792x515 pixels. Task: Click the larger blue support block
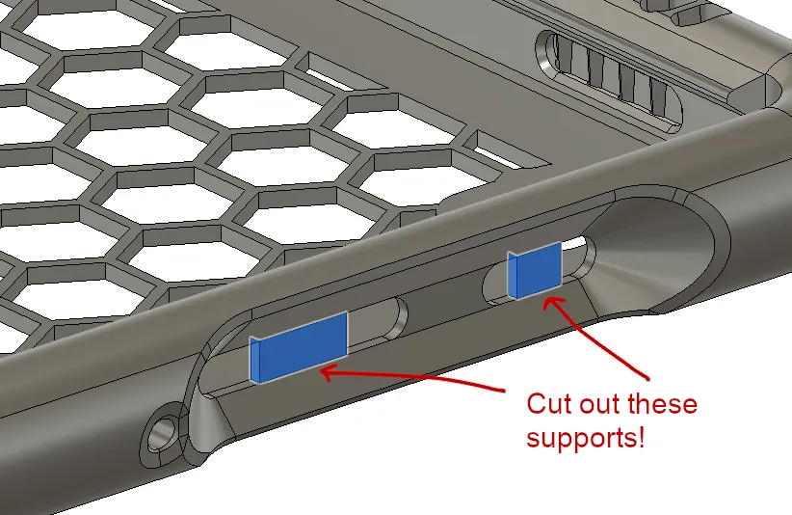coord(299,347)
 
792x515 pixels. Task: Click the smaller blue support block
coord(535,270)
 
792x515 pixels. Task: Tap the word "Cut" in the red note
coord(549,404)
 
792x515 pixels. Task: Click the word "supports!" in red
coord(586,438)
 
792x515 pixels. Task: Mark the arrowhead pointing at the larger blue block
coord(330,373)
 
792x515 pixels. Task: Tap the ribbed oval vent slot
coord(608,81)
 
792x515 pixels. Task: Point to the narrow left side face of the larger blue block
coord(254,360)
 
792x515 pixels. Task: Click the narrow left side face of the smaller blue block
coord(513,276)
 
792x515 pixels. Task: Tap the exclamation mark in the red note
coord(642,437)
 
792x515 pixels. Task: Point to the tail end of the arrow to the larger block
coord(503,390)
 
